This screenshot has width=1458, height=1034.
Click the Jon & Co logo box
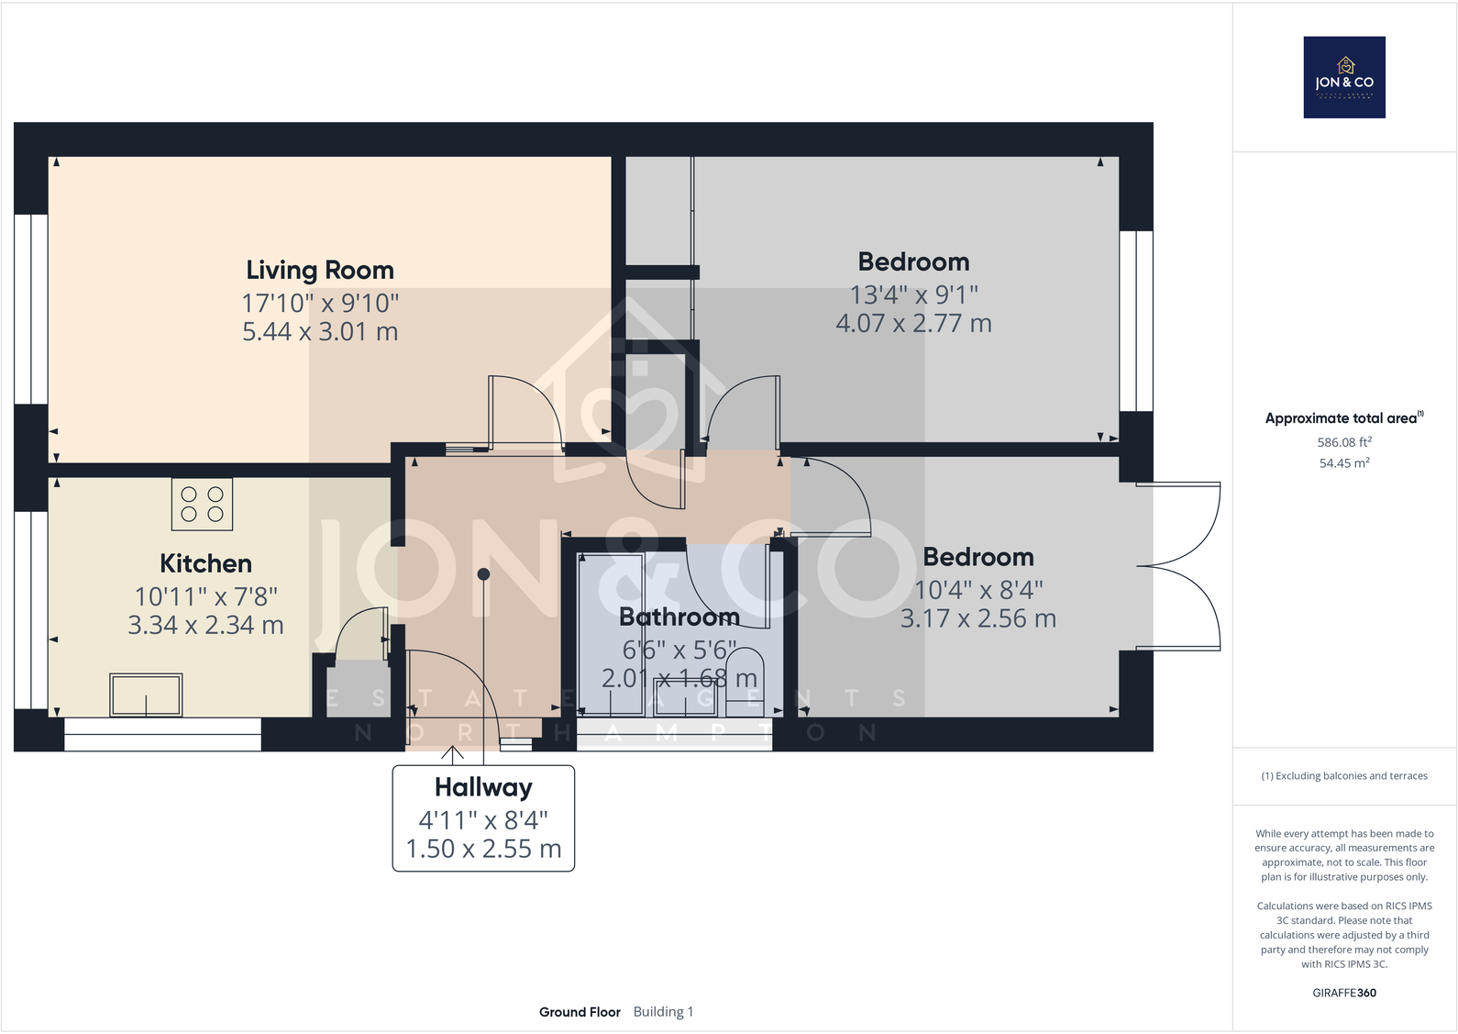click(1343, 77)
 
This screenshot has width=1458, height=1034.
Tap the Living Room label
click(319, 270)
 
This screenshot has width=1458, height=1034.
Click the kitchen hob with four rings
click(202, 504)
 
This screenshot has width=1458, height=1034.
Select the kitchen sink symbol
click(146, 695)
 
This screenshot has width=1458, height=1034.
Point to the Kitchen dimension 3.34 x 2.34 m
click(205, 625)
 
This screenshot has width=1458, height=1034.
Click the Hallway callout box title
click(483, 787)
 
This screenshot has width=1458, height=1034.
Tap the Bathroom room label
click(679, 617)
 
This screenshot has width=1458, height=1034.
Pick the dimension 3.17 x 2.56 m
click(978, 618)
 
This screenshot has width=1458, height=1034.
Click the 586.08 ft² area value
click(1343, 442)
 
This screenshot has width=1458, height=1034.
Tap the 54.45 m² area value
click(1343, 463)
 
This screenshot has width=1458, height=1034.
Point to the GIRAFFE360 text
click(1343, 993)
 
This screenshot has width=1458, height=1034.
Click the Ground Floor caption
click(580, 1012)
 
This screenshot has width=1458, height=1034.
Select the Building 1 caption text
click(663, 1012)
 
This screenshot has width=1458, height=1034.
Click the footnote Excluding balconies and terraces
click(1343, 776)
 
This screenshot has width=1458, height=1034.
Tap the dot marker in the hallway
click(483, 574)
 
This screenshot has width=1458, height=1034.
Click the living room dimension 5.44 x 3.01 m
click(319, 331)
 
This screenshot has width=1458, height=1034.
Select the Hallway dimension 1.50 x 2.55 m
click(483, 849)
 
